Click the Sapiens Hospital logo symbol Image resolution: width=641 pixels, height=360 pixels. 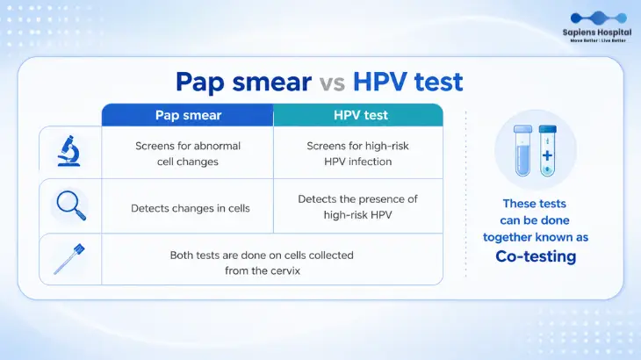pos(599,18)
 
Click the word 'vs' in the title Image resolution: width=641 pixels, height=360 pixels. pos(332,83)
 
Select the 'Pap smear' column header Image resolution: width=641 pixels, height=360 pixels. pos(188,115)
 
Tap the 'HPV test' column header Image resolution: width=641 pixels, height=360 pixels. pos(358,115)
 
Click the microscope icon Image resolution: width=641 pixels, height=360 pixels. pos(68,151)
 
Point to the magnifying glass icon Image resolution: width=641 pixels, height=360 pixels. pos(71,205)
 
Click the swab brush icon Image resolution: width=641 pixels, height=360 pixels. pos(69,259)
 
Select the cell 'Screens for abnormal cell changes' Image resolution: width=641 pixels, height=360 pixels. pos(188,154)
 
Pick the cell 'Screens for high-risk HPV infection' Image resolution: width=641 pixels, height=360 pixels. pos(357,154)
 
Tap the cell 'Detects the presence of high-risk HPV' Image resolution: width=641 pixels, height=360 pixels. pos(357,206)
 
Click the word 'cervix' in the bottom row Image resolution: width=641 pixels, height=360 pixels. pos(286,271)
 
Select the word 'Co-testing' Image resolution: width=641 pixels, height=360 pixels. pos(536,256)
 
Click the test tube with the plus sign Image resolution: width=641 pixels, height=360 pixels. pos(547,151)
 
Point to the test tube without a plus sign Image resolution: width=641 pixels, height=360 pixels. pos(522,151)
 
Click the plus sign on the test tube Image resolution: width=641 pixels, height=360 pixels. pos(547,155)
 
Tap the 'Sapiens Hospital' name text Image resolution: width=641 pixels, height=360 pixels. pos(597,32)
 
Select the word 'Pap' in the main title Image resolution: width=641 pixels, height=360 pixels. pos(200,83)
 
